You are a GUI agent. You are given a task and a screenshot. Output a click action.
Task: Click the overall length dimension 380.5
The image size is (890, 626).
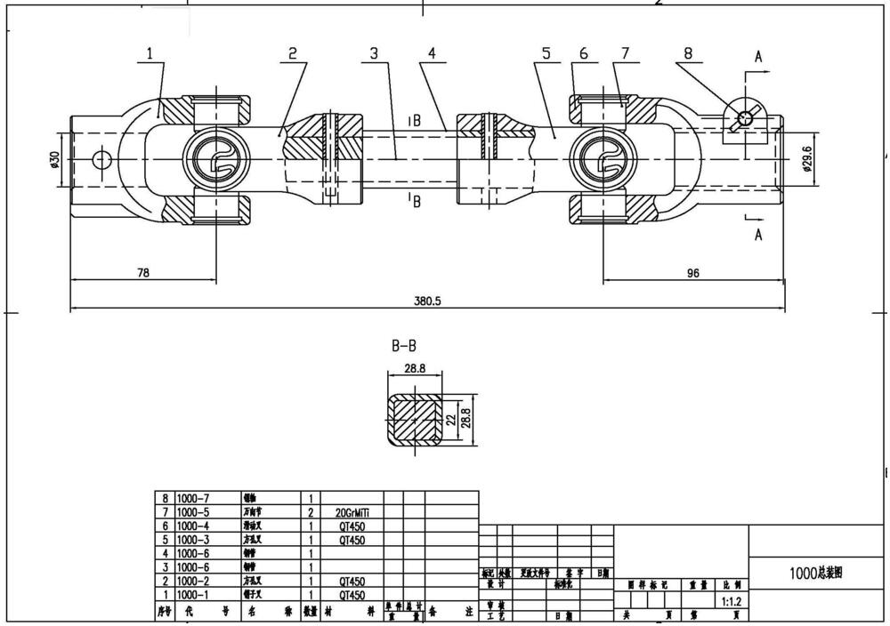click(427, 301)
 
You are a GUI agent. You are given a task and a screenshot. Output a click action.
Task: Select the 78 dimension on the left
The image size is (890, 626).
click(142, 273)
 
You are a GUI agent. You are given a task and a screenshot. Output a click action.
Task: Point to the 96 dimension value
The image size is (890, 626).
click(693, 273)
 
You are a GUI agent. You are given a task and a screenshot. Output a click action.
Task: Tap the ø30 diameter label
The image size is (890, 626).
click(54, 159)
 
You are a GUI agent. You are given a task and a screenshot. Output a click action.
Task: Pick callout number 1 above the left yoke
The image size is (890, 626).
click(150, 54)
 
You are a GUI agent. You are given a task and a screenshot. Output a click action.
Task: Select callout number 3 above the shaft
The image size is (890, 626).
click(374, 54)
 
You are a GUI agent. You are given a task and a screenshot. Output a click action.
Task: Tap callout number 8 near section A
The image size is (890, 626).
click(688, 54)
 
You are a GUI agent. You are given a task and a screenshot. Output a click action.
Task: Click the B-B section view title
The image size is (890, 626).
click(405, 347)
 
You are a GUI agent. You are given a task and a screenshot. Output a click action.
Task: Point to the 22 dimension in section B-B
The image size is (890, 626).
click(451, 417)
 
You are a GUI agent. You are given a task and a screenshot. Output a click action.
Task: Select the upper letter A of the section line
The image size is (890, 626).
click(758, 57)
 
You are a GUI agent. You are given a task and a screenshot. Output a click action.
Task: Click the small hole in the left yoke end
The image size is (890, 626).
click(101, 160)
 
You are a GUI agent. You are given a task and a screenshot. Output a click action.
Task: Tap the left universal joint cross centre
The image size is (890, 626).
click(216, 160)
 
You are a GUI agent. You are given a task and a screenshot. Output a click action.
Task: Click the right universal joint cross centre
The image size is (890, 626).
click(603, 160)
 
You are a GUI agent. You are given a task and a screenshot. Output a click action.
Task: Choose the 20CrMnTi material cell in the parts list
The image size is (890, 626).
click(351, 513)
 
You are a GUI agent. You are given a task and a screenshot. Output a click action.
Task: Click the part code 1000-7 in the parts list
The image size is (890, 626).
click(195, 499)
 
